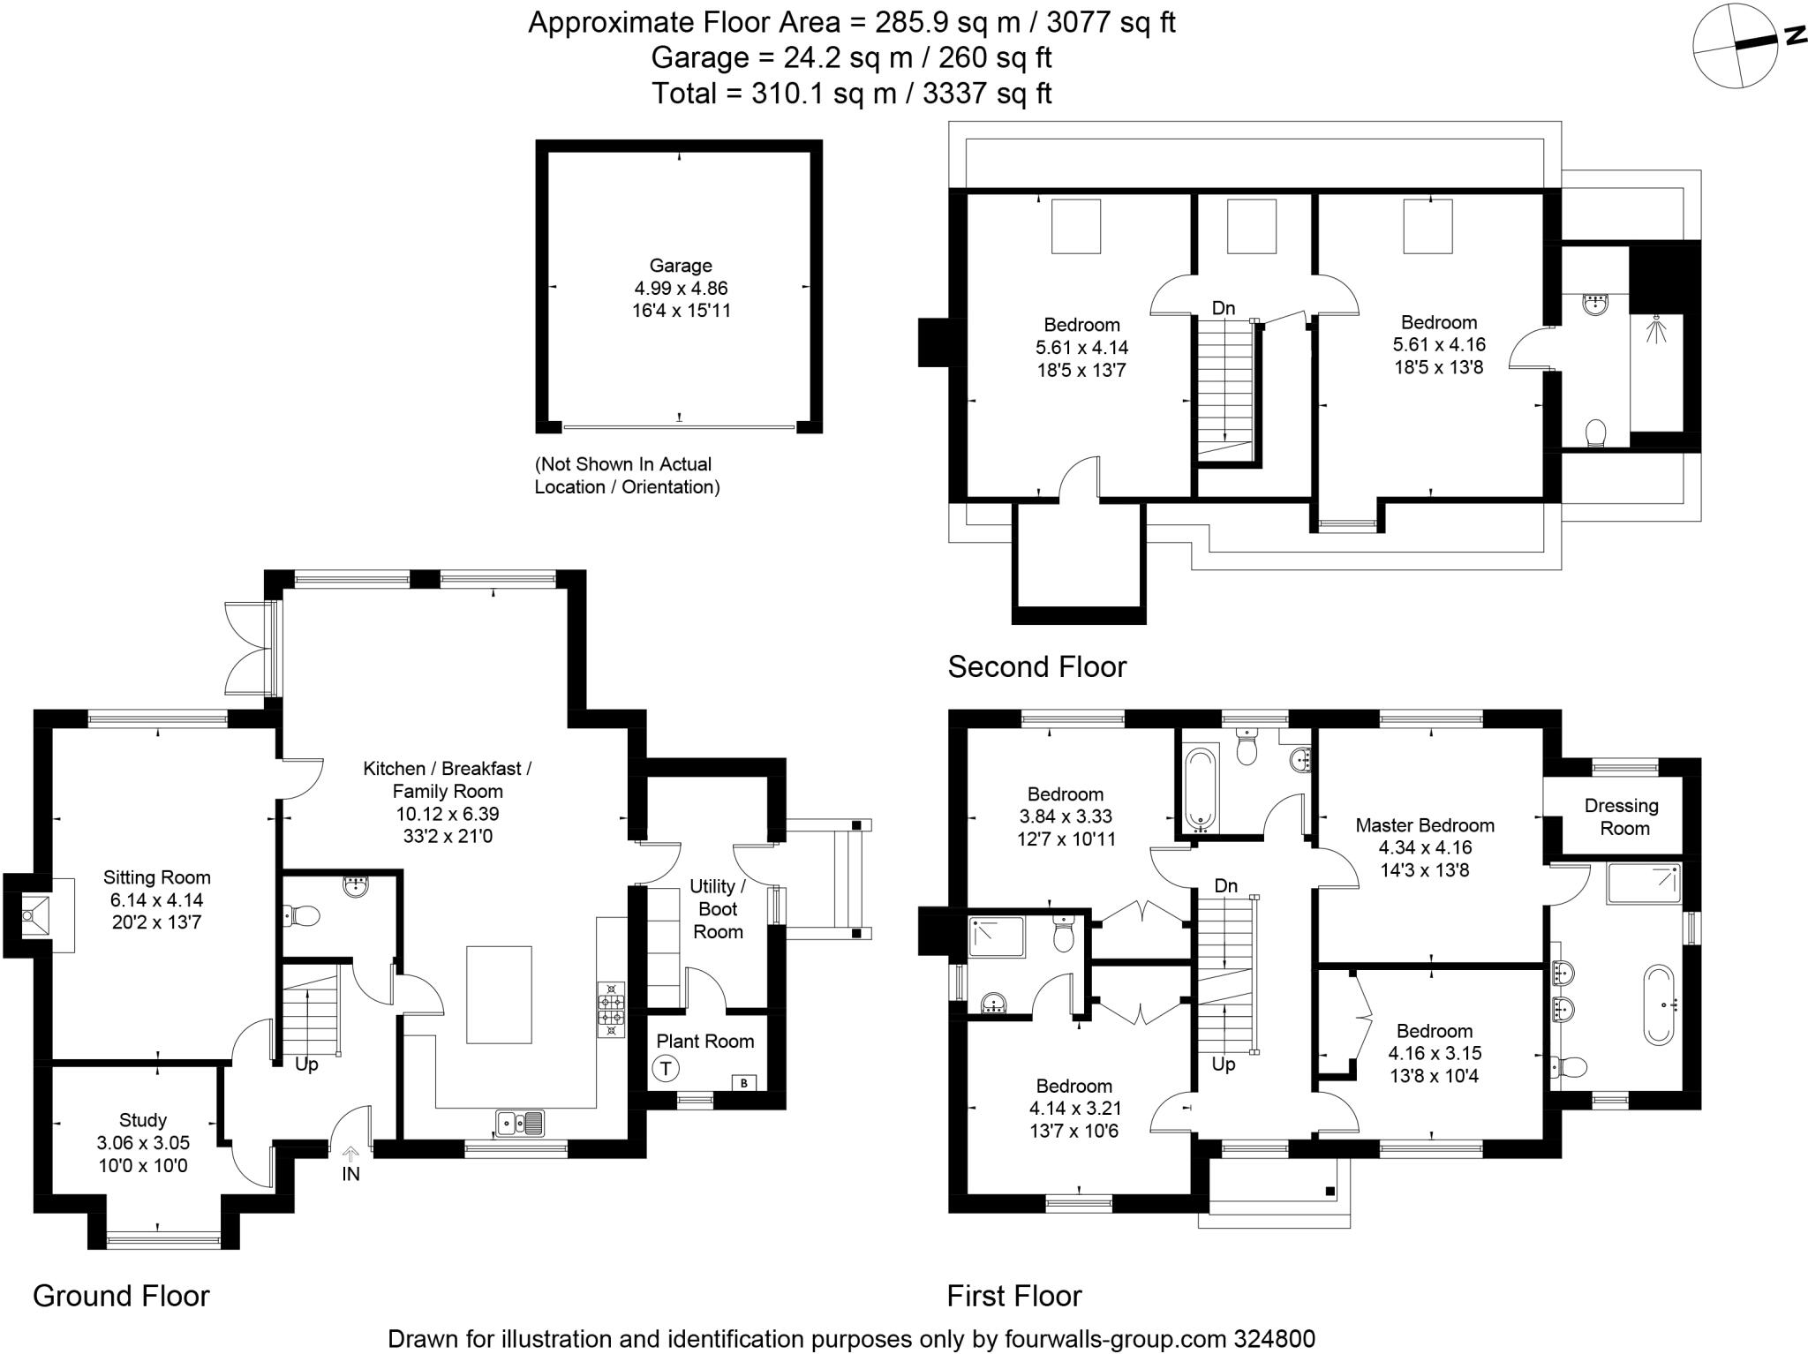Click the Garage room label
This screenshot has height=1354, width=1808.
click(x=680, y=266)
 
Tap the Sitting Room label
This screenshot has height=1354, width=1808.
click(x=157, y=877)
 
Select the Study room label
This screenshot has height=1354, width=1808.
click(x=143, y=1120)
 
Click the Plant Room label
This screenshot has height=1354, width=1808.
click(x=704, y=1042)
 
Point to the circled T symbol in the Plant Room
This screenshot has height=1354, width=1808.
click(x=666, y=1069)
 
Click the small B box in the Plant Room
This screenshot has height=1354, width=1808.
click(x=744, y=1082)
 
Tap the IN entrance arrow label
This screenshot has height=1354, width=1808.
click(x=350, y=1174)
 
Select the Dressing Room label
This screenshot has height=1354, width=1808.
click(x=1623, y=817)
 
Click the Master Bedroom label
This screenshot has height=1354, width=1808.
click(x=1425, y=825)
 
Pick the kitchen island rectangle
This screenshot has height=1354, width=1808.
click(x=499, y=995)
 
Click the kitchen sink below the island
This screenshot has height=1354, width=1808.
click(x=520, y=1124)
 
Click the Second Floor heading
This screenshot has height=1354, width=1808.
click(x=1037, y=666)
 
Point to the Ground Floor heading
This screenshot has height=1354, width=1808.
click(x=121, y=1296)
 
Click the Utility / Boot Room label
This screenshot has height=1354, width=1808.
click(x=718, y=909)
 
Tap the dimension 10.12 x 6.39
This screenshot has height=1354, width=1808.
click(x=448, y=814)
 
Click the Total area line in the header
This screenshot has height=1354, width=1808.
click(x=851, y=93)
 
